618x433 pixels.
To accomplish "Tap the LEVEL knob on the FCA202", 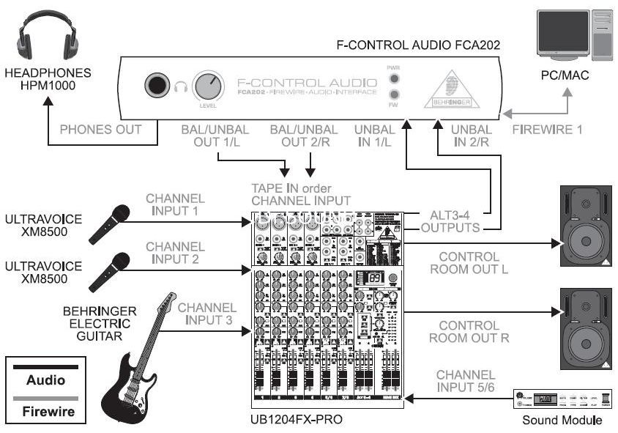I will (x=208, y=87).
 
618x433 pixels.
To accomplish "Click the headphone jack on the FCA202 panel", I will (x=156, y=86).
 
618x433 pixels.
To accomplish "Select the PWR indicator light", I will (x=394, y=78).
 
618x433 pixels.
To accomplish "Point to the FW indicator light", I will (x=394, y=95).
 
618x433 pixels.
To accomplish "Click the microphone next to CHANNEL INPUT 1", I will (x=110, y=223).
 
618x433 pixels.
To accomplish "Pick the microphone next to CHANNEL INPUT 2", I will (x=110, y=269).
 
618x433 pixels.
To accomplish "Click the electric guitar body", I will (x=124, y=388).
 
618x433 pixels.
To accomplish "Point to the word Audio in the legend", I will (x=45, y=380).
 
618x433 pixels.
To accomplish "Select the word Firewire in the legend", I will (x=45, y=412).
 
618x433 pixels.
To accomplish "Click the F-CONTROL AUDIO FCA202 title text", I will (x=418, y=45).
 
